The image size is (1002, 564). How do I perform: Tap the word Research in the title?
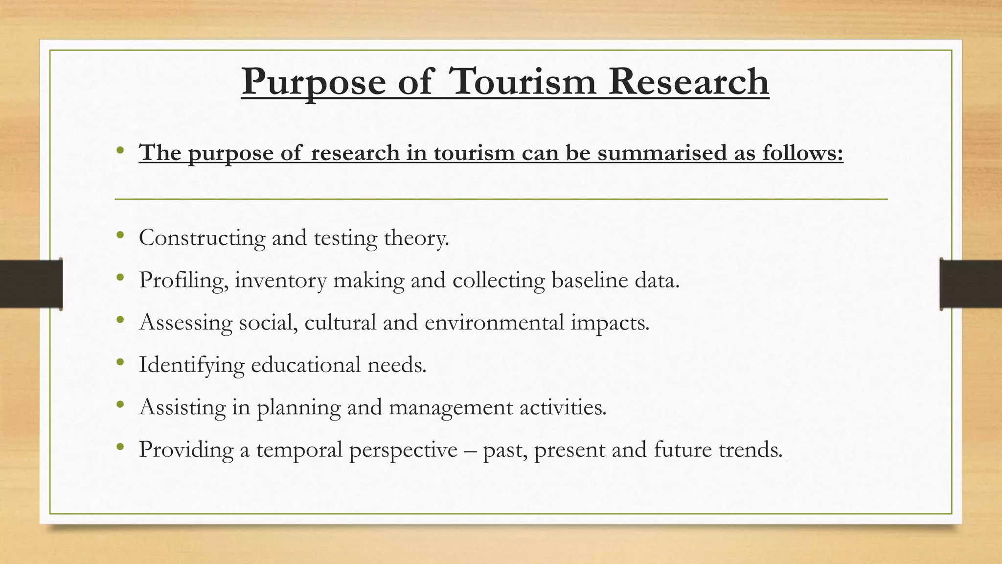(x=689, y=82)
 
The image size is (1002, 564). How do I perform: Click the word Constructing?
(x=202, y=238)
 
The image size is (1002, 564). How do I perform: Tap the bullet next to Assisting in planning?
(x=120, y=405)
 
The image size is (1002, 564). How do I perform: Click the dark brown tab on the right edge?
(x=971, y=284)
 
